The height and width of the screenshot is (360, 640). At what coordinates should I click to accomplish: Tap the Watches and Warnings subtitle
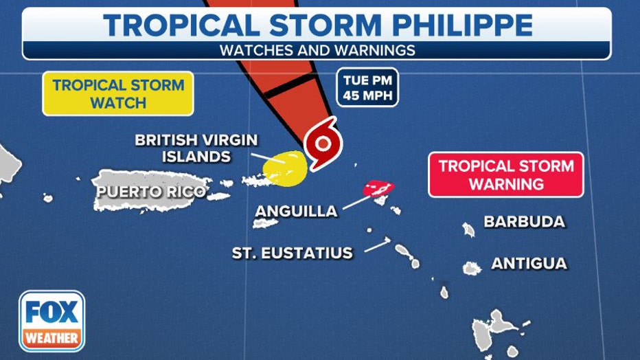coord(317,50)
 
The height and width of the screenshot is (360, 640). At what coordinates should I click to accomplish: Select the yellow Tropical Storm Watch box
coord(118,94)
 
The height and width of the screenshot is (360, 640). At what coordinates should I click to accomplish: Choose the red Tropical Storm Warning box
coord(505,175)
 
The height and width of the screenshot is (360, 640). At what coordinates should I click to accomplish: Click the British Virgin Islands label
coord(196,148)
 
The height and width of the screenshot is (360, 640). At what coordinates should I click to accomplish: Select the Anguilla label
coord(296,211)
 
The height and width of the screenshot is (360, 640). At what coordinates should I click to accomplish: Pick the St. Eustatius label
coord(292,253)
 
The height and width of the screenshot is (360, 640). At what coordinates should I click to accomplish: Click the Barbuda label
coord(525,221)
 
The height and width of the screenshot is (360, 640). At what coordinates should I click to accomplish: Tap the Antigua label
coord(529,263)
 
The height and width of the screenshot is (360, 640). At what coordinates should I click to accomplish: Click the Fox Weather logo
coord(52,321)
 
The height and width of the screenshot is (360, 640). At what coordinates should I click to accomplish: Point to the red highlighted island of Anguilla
coord(378,188)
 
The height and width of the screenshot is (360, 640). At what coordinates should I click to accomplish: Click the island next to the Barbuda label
coord(469,229)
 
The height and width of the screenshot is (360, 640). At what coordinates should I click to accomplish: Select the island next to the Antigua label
coord(472,268)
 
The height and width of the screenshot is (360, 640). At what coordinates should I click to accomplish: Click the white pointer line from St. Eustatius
coord(378,245)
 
